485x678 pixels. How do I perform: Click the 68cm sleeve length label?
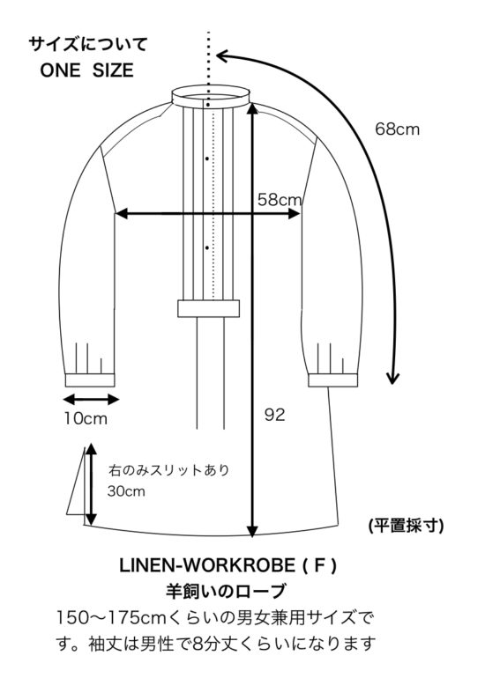point(397,129)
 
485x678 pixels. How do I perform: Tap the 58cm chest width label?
point(280,200)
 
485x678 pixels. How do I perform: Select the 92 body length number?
point(274,415)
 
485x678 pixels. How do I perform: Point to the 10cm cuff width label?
point(86,418)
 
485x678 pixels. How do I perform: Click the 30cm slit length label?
point(126,491)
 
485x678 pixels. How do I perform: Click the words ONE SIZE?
point(87,70)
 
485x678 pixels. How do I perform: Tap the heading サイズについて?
point(88,44)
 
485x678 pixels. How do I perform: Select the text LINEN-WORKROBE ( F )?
point(228,565)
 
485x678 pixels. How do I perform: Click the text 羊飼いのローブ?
point(226,591)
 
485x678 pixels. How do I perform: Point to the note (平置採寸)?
point(407,526)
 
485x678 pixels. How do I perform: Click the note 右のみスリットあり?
point(168,470)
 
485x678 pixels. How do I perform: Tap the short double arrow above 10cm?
point(91,400)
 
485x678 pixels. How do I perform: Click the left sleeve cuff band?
point(90,380)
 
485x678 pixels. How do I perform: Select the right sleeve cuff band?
point(333,380)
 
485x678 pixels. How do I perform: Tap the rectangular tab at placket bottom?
point(209,308)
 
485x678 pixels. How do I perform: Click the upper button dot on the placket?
point(207,158)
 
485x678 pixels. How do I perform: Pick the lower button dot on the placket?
point(207,247)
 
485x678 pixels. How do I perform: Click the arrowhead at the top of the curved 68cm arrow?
point(221,55)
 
